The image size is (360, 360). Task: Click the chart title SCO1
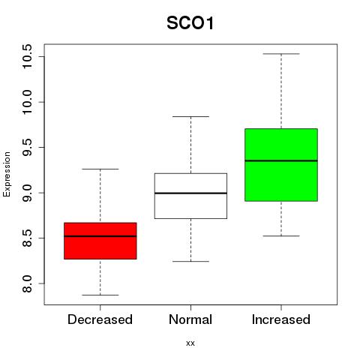[190, 23]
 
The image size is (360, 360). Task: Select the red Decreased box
[100, 241]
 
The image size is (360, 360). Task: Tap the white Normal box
[190, 196]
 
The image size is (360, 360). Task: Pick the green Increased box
[281, 165]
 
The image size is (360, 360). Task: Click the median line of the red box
[100, 236]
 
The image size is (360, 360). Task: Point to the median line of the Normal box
[190, 193]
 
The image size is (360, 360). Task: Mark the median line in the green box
[281, 160]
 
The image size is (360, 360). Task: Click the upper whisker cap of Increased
[281, 54]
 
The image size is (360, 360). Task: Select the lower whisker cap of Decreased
[100, 295]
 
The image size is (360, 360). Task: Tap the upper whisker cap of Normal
[190, 116]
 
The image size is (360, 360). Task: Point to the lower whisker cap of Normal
[190, 262]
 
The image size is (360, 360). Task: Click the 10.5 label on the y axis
[27, 56]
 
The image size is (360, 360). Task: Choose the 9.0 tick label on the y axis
[27, 193]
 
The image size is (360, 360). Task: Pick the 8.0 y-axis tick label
[27, 283]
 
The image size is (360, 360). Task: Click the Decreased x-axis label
[100, 319]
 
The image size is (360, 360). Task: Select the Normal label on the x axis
[190, 319]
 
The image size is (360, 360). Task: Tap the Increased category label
[281, 319]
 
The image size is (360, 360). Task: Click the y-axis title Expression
[7, 174]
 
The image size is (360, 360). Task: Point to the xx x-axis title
[190, 343]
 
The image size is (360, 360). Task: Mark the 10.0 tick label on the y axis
[27, 102]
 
